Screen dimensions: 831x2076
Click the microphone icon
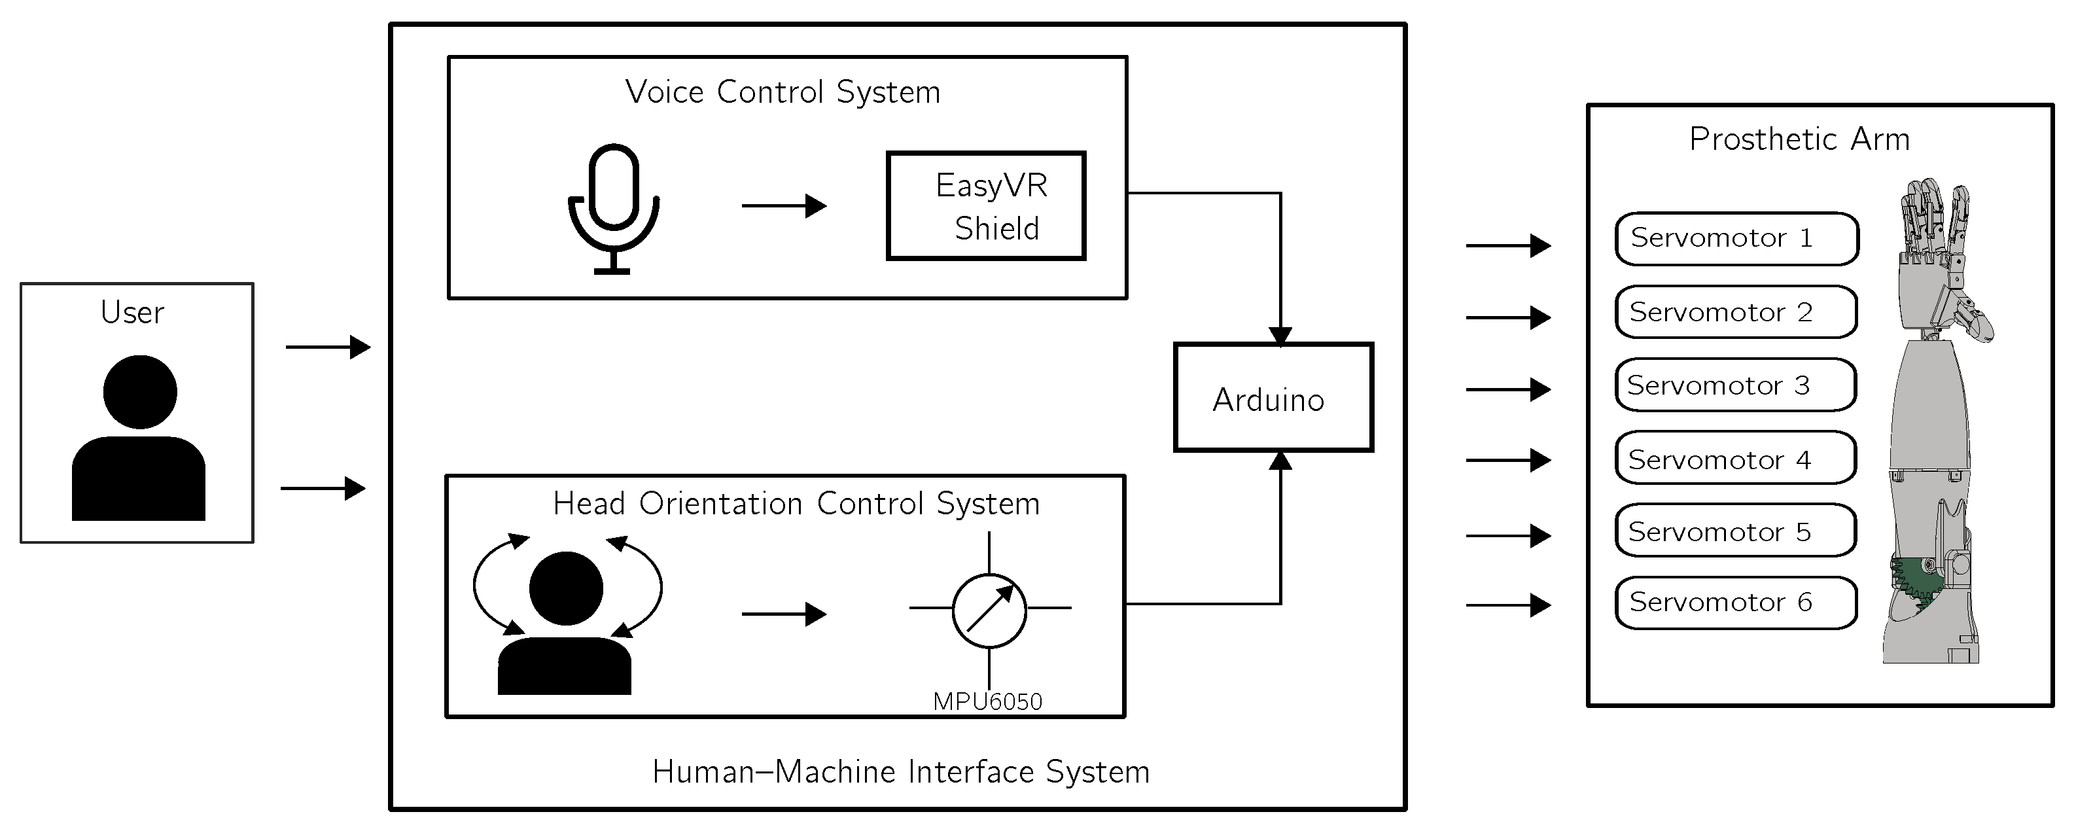pyautogui.click(x=614, y=208)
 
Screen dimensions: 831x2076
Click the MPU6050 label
pyautogui.click(x=987, y=702)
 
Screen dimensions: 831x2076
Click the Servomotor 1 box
pyautogui.click(x=1736, y=239)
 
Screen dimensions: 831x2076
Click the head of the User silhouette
pyautogui.click(x=140, y=392)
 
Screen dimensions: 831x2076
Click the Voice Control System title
pyautogui.click(x=783, y=92)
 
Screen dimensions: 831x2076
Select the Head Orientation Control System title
pyautogui.click(x=796, y=504)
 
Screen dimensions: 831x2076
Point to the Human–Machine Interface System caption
pyautogui.click(x=900, y=772)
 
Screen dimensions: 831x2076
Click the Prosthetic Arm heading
pyautogui.click(x=1799, y=139)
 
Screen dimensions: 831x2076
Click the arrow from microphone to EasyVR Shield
pyautogui.click(x=783, y=206)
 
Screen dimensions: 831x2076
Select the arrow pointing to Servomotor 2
pyautogui.click(x=1507, y=317)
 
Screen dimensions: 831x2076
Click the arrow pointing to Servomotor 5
pyautogui.click(x=1507, y=535)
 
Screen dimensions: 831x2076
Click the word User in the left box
pyautogui.click(x=132, y=313)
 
